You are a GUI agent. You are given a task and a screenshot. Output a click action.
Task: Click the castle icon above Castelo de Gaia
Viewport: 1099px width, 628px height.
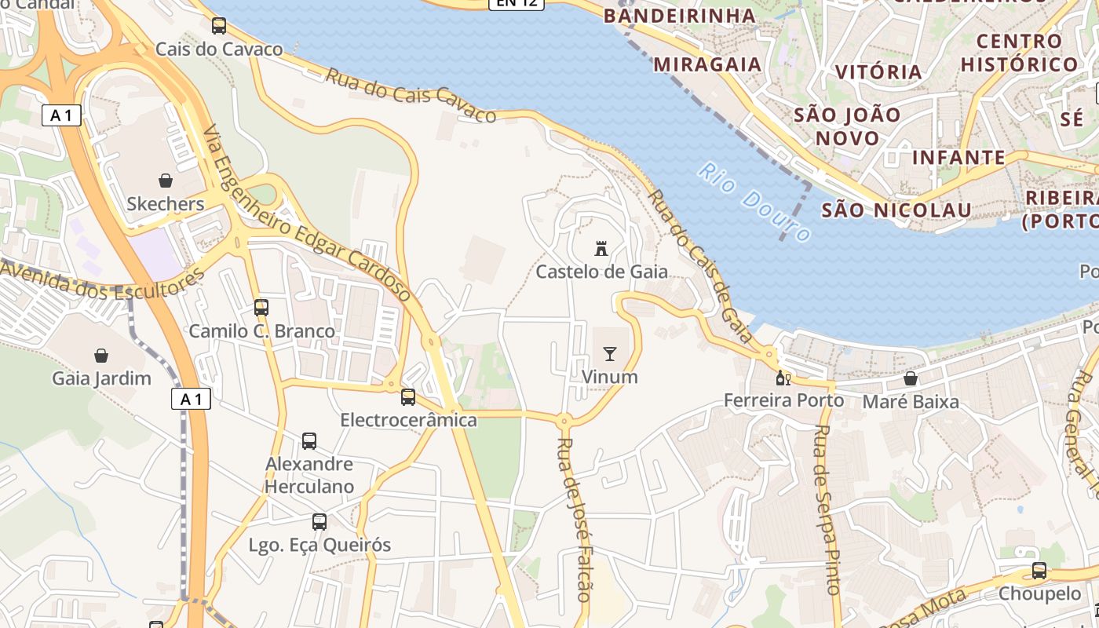point(602,249)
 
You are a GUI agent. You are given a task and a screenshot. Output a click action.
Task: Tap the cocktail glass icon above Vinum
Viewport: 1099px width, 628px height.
point(610,354)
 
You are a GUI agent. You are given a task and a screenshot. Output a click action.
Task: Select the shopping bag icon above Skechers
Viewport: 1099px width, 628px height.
point(166,181)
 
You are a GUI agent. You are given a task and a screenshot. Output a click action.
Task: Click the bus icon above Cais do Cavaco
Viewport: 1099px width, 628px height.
point(219,26)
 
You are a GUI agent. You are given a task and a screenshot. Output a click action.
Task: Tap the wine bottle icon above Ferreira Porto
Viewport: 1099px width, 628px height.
point(783,378)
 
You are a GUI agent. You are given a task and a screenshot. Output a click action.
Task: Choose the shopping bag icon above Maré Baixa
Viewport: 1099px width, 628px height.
point(911,379)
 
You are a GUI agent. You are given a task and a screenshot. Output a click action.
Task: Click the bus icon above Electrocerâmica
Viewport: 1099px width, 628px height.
point(408,397)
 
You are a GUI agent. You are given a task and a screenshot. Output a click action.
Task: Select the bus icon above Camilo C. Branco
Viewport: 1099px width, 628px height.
point(261,308)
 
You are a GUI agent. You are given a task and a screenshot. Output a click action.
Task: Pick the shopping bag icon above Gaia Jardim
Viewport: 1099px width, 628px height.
point(101,356)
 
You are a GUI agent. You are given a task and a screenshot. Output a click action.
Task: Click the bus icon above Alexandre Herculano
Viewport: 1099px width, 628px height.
point(309,441)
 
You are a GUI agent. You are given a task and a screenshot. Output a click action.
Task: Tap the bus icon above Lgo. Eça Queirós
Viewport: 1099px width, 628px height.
point(319,522)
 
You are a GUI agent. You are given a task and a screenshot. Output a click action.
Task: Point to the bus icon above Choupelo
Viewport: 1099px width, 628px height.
point(1039,571)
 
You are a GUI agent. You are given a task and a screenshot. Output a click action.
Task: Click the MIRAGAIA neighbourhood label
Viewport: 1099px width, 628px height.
point(707,64)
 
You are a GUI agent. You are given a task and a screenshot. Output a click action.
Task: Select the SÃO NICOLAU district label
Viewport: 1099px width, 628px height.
point(896,210)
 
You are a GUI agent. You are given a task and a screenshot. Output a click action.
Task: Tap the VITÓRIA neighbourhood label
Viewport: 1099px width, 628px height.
point(878,72)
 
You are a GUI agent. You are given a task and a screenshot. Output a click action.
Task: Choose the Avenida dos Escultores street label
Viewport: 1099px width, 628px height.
point(102,282)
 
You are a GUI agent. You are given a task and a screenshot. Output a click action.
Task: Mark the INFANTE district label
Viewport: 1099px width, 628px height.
point(958,158)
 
